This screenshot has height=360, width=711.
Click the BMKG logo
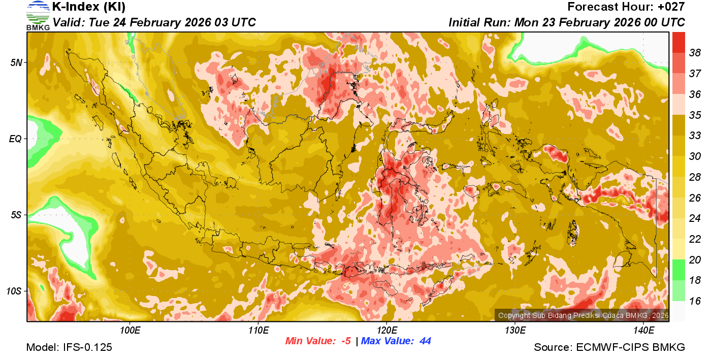38,16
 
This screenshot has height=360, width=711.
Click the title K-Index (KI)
89,7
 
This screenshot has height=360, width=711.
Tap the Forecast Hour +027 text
626,7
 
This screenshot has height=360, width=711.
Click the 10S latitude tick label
14,291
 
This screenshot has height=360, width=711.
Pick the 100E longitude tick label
130,331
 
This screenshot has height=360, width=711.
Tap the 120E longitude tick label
386,331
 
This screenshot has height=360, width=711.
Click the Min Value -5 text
318,341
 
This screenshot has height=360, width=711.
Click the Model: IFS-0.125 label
69,348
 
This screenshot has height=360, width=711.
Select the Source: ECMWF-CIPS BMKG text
609,348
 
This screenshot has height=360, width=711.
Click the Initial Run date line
567,23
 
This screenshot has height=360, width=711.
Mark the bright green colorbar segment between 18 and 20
678,270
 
